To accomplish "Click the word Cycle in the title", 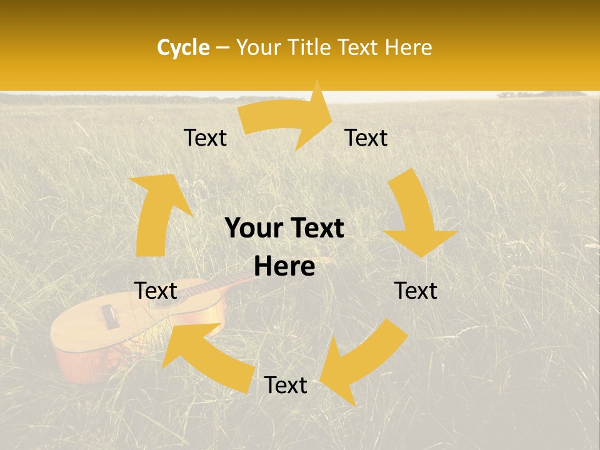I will tap(183, 47).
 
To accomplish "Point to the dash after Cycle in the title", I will tap(222, 47).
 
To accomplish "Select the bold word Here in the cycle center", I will tap(284, 267).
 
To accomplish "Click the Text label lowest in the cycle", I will tap(286, 386).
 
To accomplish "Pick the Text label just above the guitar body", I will tap(156, 291).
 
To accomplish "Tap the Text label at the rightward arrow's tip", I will tap(366, 137).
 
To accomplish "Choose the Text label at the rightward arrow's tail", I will tap(206, 137).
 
